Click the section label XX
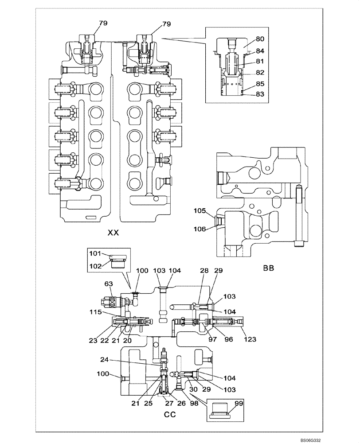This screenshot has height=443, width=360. (113, 233)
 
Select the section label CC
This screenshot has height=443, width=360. (170, 415)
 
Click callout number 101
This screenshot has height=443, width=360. (96, 254)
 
